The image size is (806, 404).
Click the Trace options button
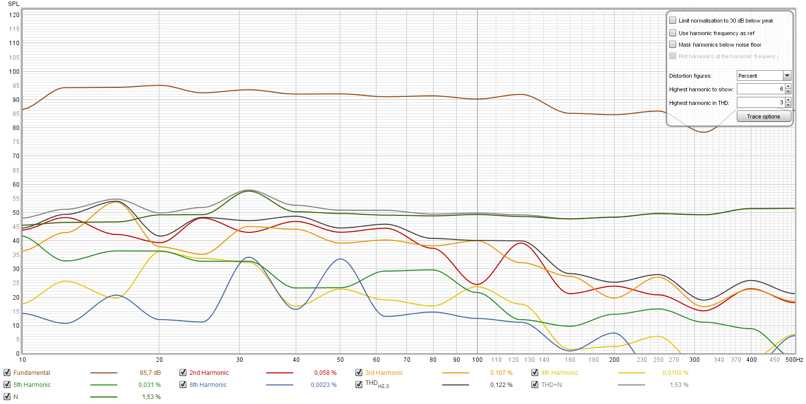[x=763, y=116]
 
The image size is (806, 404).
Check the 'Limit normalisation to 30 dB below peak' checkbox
[x=673, y=21]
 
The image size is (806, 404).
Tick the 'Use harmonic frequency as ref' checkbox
[x=673, y=33]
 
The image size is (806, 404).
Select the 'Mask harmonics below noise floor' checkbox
[x=673, y=45]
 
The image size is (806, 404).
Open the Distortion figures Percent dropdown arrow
[x=787, y=76]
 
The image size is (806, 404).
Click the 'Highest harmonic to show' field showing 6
[x=760, y=89]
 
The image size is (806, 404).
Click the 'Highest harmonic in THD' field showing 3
[x=760, y=102]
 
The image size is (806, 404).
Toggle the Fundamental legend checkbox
[x=7, y=372]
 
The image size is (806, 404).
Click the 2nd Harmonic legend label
[x=209, y=373]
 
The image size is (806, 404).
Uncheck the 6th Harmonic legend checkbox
[x=183, y=384]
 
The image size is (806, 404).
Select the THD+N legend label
[x=551, y=385]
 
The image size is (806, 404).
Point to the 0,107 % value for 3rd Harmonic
[x=501, y=373]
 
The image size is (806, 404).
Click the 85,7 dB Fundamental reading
[x=150, y=373]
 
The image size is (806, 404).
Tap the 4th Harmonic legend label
[x=559, y=373]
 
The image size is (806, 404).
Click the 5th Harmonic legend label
[x=32, y=385]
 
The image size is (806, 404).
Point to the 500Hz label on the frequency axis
[x=794, y=360]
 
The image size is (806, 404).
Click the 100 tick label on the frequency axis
[x=477, y=360]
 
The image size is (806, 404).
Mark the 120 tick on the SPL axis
[x=14, y=15]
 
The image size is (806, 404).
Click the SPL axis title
[x=14, y=4]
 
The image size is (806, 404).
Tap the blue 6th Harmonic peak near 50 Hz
[x=340, y=259]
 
